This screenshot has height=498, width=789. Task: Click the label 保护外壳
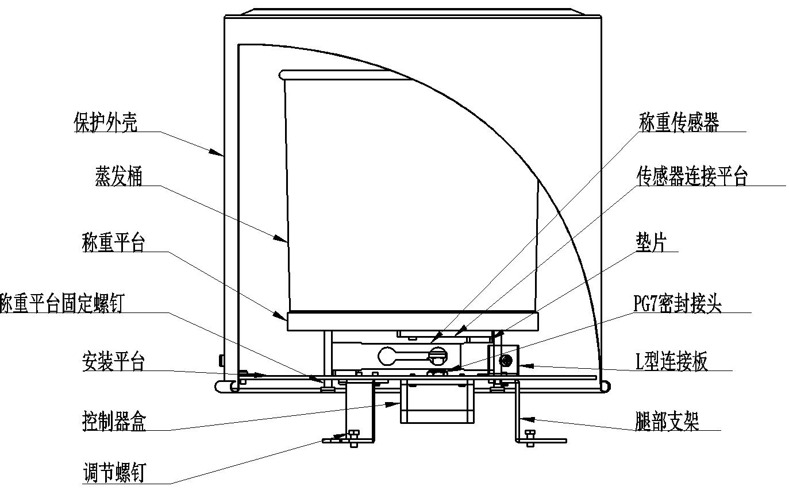[105, 122]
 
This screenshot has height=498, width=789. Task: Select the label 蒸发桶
[118, 176]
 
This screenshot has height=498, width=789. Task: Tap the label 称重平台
[113, 242]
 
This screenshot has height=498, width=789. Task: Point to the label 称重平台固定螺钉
[61, 303]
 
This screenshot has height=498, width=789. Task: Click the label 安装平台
[113, 362]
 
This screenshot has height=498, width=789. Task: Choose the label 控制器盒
[114, 422]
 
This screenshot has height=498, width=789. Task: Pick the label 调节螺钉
[114, 473]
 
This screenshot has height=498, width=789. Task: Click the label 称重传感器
[679, 122]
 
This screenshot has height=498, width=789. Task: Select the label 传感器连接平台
[691, 176]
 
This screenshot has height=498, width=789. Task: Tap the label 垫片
[651, 242]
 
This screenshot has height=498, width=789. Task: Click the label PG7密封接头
[677, 303]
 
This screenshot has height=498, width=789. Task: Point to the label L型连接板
[671, 362]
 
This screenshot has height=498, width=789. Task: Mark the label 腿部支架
[667, 422]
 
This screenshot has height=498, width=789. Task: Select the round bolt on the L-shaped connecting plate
[506, 361]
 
